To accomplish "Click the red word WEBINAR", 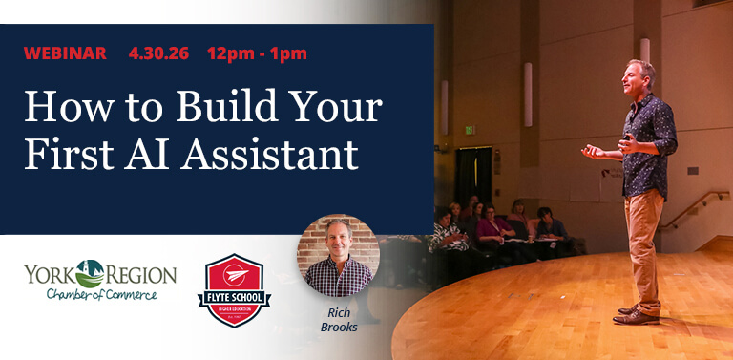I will tap(64, 53).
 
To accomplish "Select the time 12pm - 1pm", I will tap(257, 53).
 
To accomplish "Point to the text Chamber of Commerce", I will tap(101, 294).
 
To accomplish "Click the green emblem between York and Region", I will tap(91, 272).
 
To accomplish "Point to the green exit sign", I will tap(469, 129).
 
